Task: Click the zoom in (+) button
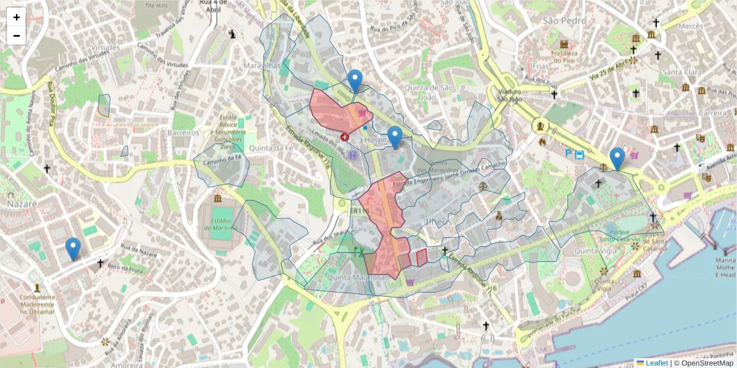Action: point(17,17)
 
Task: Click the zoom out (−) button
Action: point(17,36)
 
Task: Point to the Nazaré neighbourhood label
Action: point(22,203)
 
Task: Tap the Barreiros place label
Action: point(183,132)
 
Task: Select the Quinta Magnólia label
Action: point(356,277)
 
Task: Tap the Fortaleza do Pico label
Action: point(564,57)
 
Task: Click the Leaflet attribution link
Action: point(657,363)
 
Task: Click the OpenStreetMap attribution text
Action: point(707,363)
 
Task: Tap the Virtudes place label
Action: point(104,47)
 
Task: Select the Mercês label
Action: point(690,26)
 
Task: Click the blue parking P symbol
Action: point(569,155)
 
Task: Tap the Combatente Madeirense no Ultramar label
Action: point(38,304)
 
